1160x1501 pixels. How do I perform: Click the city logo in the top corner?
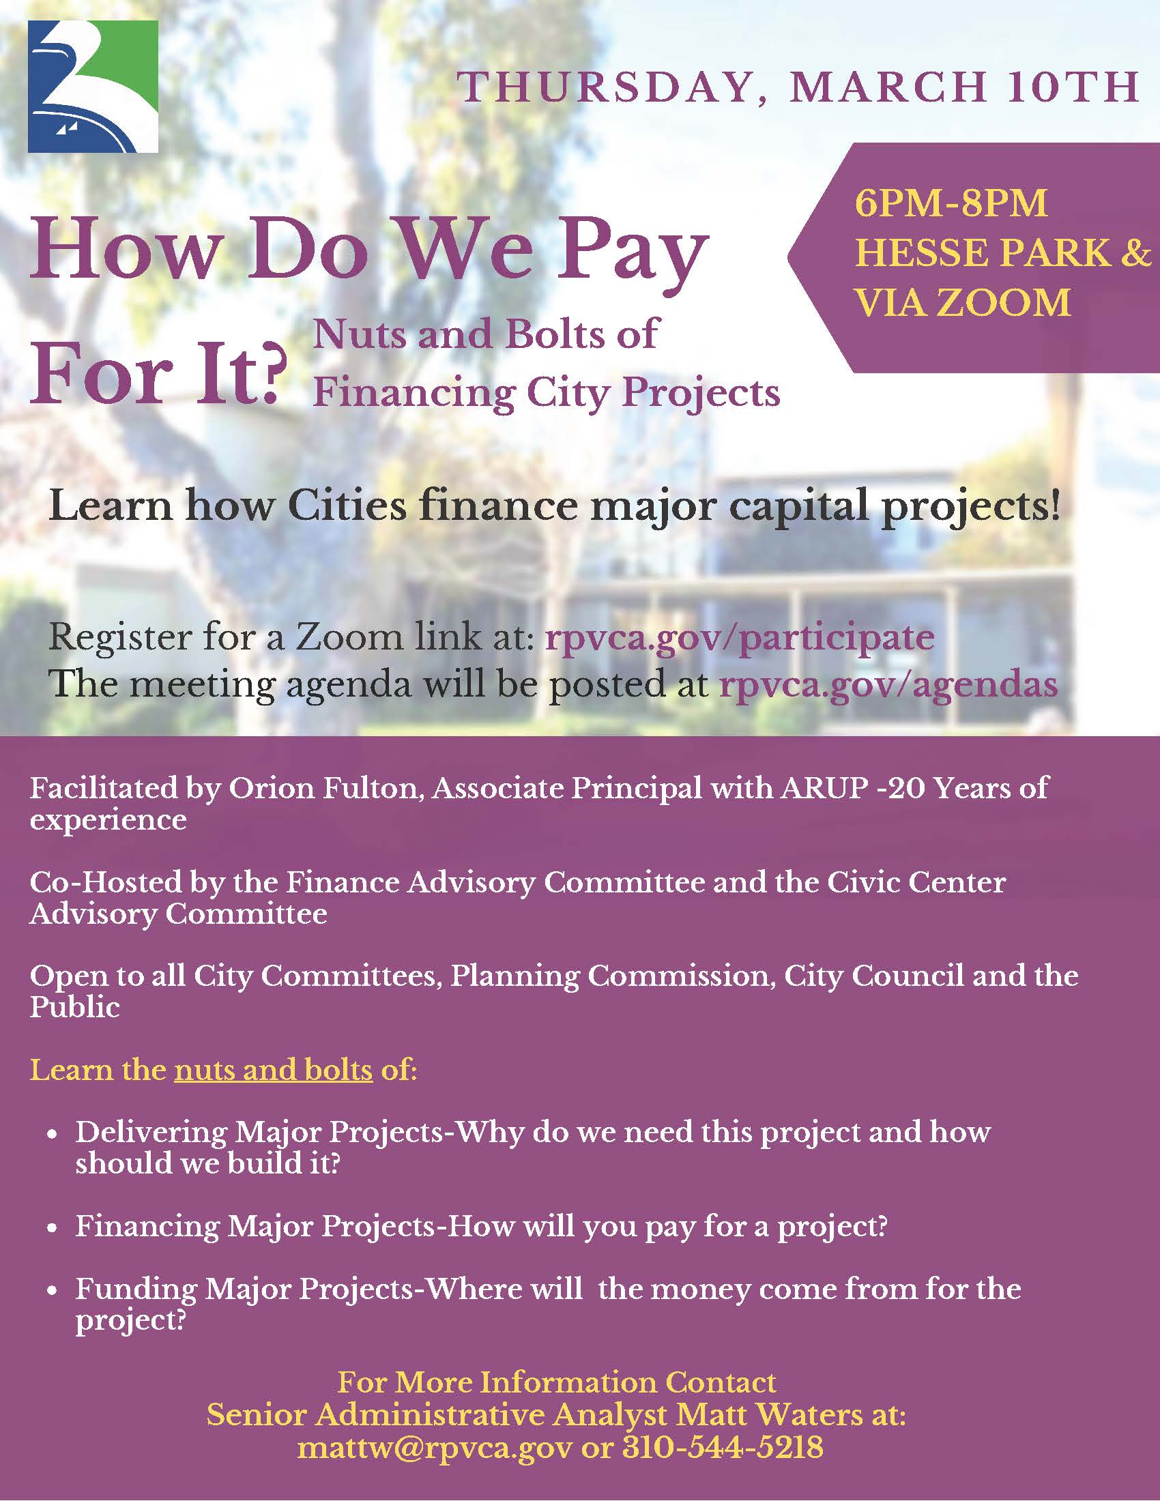(x=93, y=87)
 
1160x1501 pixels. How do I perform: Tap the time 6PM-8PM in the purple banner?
(x=951, y=203)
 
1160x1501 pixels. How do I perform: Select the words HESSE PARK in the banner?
(x=983, y=253)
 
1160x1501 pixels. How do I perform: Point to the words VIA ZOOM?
(x=962, y=302)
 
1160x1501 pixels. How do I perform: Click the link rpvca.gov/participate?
(x=740, y=637)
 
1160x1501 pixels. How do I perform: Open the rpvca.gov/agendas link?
(x=888, y=684)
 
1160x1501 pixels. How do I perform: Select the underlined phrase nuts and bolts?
(x=274, y=1070)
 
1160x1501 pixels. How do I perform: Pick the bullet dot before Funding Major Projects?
(x=52, y=1292)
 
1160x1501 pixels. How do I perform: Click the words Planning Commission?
(x=609, y=976)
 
